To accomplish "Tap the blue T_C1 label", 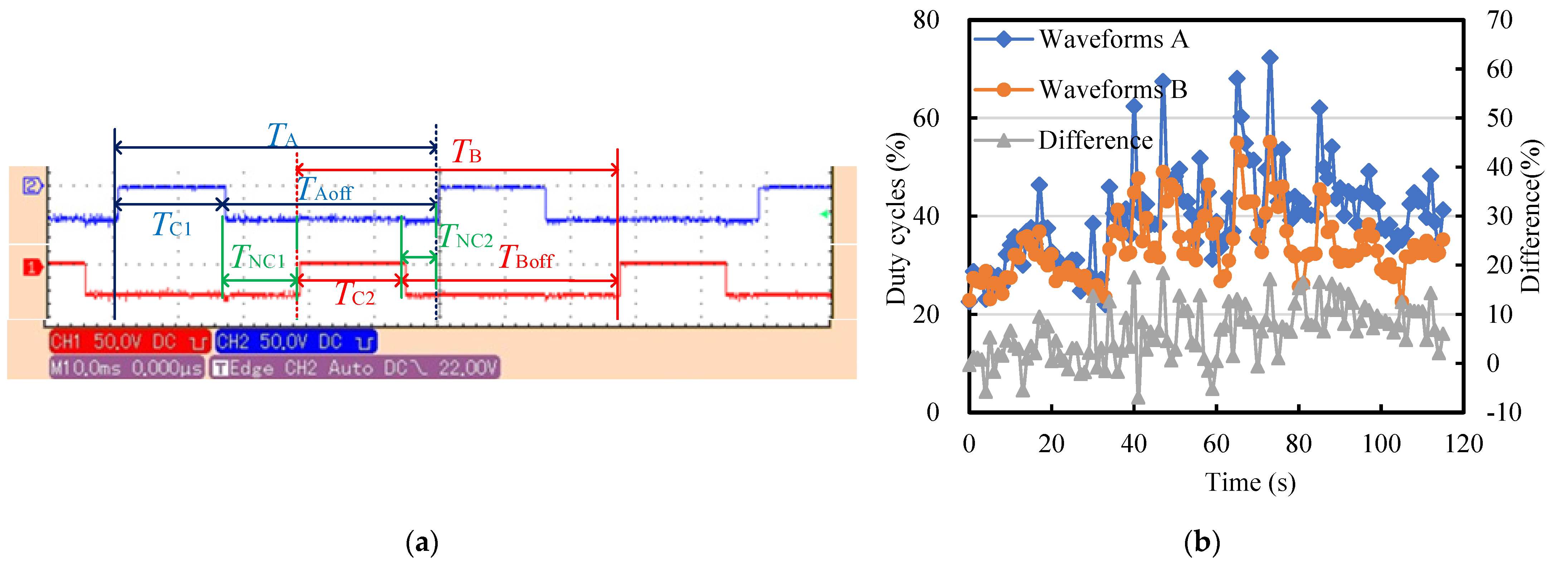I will click(x=171, y=225).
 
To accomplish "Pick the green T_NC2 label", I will click(x=466, y=237).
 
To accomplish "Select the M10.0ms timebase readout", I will click(x=127, y=367).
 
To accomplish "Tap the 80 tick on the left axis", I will click(x=926, y=20).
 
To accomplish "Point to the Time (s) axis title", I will click(x=1250, y=482).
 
